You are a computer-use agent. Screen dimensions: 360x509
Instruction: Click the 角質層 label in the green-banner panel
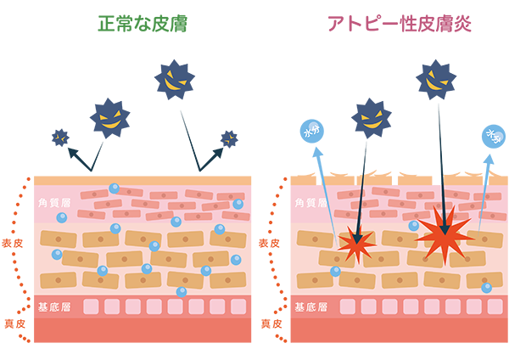(53, 202)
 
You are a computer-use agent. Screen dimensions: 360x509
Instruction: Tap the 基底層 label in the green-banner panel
(53, 307)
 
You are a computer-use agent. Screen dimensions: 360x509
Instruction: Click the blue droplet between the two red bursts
(413, 226)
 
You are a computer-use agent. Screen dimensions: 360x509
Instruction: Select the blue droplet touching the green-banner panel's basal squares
(181, 292)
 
